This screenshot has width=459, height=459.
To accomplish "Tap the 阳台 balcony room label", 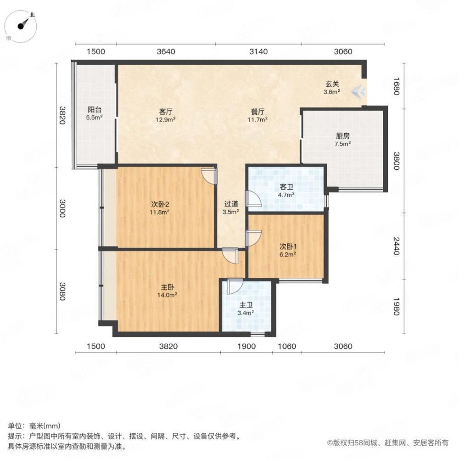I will click(95, 110).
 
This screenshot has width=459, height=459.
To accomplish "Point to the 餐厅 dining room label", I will click(257, 112).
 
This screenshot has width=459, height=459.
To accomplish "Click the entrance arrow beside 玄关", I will click(359, 92).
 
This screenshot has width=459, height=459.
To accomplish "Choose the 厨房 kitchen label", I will click(342, 136).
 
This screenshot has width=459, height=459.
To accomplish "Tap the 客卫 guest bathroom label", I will click(286, 187).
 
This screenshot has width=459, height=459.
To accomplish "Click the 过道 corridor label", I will click(231, 205).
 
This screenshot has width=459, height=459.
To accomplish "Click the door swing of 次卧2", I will click(208, 176).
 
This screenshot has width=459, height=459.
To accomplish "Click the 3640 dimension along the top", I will click(166, 52).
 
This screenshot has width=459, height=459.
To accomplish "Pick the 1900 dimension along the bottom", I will click(247, 347).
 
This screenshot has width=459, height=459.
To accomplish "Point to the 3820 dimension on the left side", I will click(63, 115).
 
